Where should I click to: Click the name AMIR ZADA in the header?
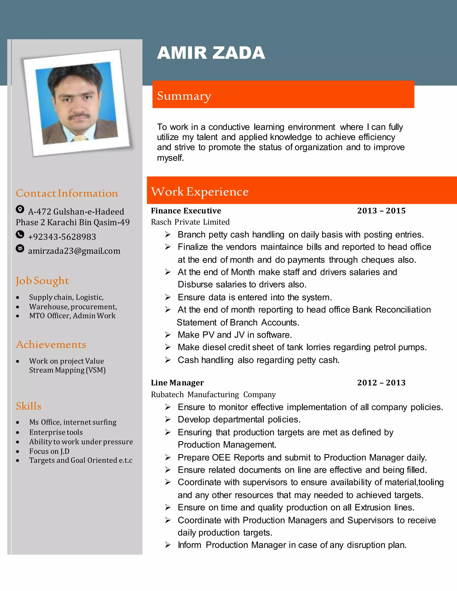[x=211, y=53]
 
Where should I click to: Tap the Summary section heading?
[x=184, y=96]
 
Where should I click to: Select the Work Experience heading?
[x=200, y=192]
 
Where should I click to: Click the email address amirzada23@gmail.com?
[x=74, y=251]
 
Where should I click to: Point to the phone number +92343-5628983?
[x=62, y=237]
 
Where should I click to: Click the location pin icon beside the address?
[x=20, y=209]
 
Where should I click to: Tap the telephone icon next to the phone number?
[x=20, y=234]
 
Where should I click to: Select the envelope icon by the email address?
[x=20, y=248]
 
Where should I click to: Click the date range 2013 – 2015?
[x=381, y=211]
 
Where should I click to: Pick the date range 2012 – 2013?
[x=381, y=383]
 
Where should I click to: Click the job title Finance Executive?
[x=186, y=211]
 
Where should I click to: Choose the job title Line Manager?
[x=177, y=383]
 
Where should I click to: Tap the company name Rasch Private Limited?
[x=190, y=222]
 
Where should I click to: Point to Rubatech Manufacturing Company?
[x=213, y=395]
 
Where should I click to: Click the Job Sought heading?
[x=42, y=281]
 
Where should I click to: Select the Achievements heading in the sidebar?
[x=51, y=345]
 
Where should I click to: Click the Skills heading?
[x=28, y=406]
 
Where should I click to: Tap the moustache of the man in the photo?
[x=79, y=116]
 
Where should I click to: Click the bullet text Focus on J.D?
[x=49, y=451]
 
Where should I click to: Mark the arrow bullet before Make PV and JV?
[x=168, y=335]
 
